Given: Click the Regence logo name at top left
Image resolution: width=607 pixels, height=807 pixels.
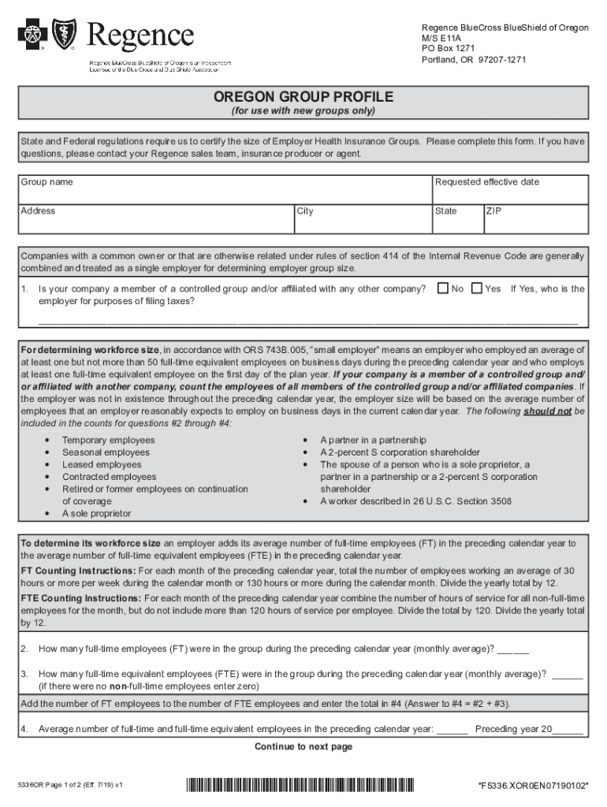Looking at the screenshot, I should coord(140,35).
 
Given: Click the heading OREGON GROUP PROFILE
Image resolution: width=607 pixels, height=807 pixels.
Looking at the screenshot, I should coord(303,97).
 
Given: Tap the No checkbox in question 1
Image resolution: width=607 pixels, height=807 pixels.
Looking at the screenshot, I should coord(442,288).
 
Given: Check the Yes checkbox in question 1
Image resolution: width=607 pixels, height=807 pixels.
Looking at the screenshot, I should coord(476,288).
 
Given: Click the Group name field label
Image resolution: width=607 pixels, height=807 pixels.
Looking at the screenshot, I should coord(47,182).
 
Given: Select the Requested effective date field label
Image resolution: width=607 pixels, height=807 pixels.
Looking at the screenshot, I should coord(486,182).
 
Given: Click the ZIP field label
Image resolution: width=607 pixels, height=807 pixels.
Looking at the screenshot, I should coord(493,211).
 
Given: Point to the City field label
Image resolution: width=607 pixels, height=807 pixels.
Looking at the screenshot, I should coord(305,211).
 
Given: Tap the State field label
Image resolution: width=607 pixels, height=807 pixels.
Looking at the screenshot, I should coord(445,211).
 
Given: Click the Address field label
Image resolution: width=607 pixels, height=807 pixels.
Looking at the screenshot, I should coord(38,211).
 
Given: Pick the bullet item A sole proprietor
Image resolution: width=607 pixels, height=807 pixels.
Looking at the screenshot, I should coord(97,514).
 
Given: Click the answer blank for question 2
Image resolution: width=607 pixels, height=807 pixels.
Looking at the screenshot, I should coord(512,649).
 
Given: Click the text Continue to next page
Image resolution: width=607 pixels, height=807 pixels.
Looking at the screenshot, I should coord(303,746).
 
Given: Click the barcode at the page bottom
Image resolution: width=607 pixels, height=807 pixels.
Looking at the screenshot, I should coord(300,785).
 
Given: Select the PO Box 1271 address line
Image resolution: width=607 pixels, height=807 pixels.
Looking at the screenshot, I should coord(447,49).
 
